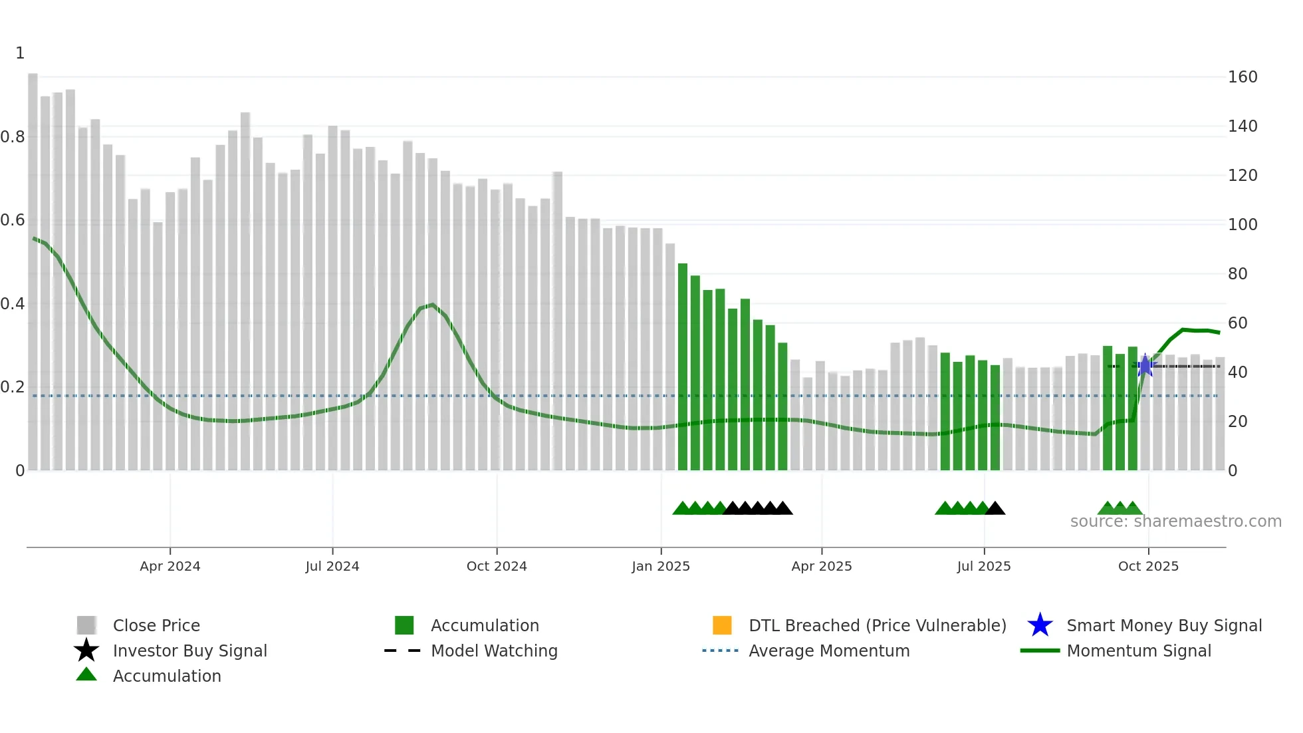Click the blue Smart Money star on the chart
1145,366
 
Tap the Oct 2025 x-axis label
1148,566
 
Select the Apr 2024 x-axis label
170,566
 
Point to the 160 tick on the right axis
1242,77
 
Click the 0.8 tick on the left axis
13,137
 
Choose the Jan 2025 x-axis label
660,566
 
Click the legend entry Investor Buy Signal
189,651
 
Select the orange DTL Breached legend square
722,625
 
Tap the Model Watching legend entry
493,651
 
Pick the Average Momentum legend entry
828,651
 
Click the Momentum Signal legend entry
1138,651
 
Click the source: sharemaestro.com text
1175,521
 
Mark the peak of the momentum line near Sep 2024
433,305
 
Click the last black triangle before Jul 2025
995,509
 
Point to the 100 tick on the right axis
1242,225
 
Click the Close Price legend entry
156,625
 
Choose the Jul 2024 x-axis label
332,566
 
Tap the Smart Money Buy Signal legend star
1040,625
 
